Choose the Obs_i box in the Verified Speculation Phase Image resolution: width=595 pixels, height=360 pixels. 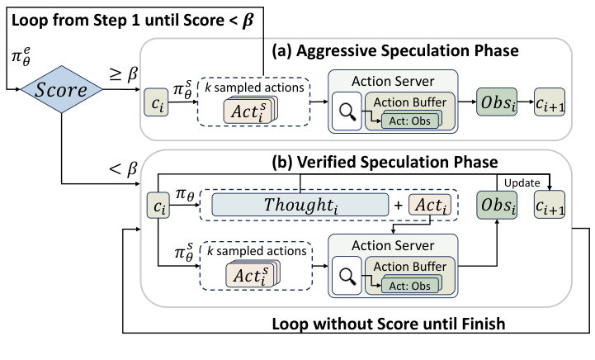pos(496,204)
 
